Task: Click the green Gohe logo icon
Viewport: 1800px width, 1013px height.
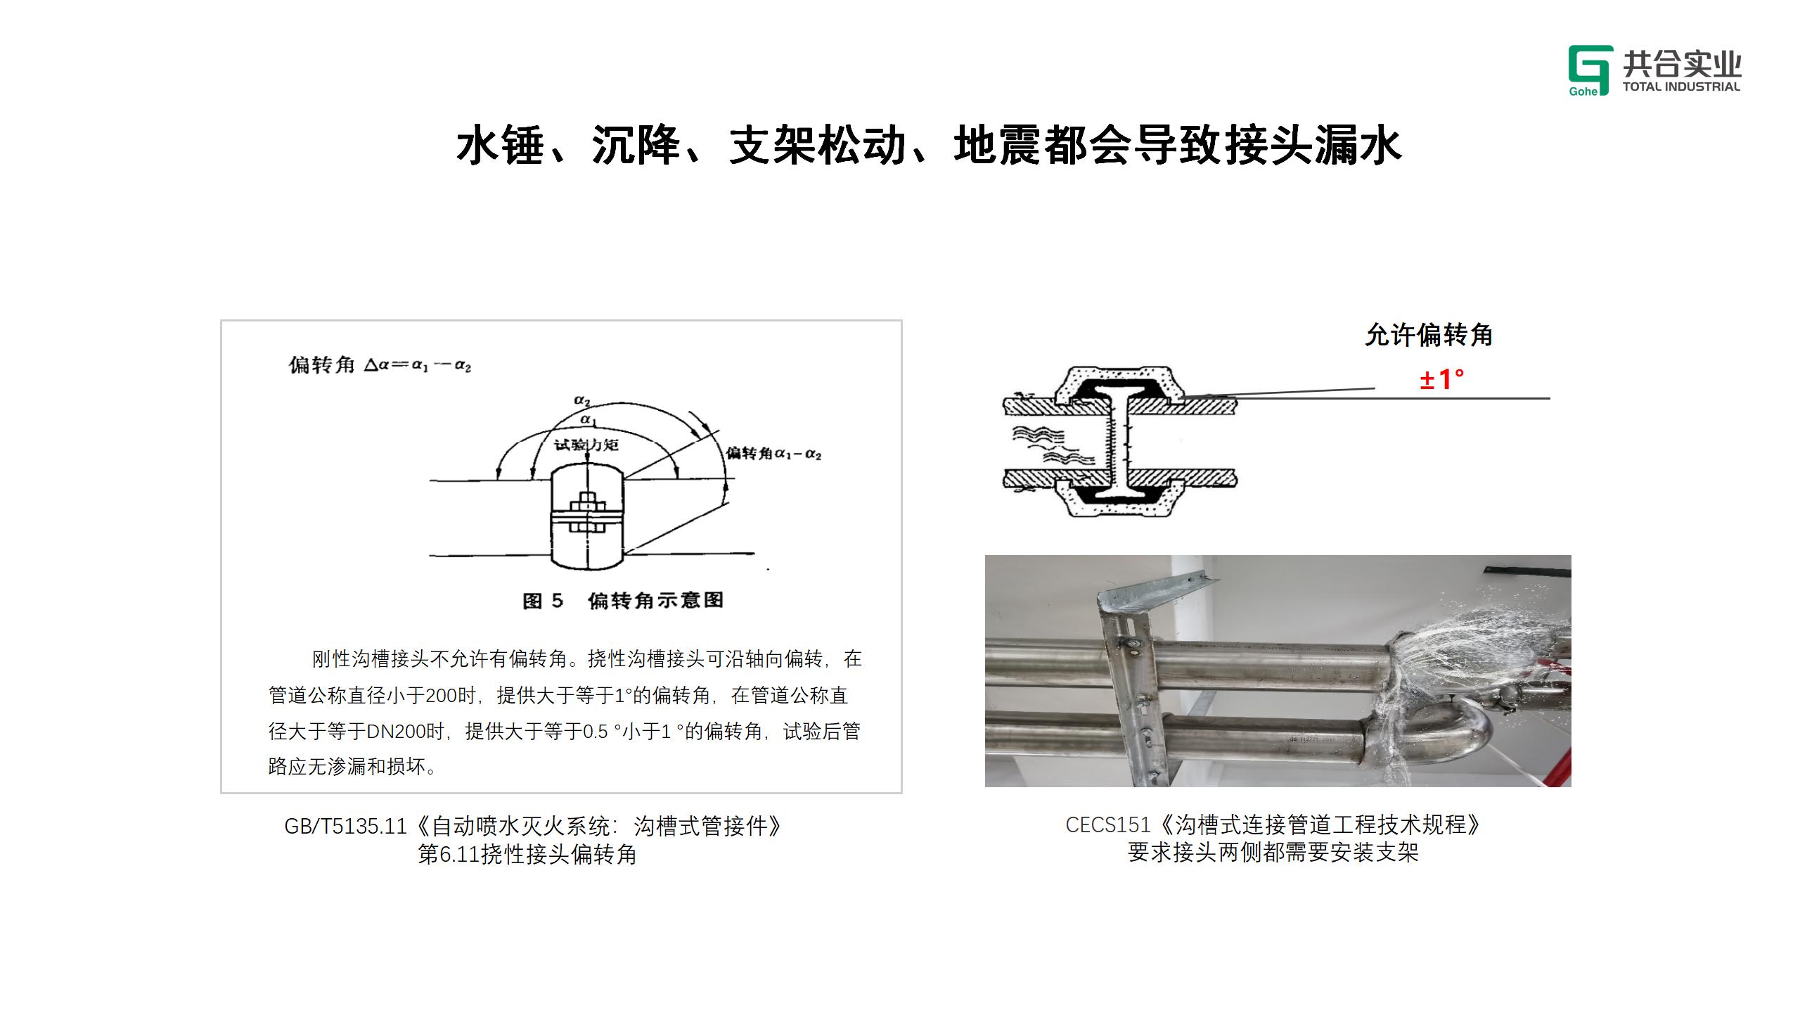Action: click(x=1590, y=70)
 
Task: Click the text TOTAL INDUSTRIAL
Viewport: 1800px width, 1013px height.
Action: click(x=1681, y=87)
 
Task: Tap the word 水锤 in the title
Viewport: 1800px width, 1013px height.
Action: click(x=501, y=146)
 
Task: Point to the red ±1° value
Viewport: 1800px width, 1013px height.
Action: click(x=1441, y=380)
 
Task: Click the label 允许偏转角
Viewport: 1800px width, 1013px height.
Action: click(x=1429, y=335)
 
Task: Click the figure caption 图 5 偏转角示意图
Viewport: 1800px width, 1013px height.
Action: click(x=623, y=601)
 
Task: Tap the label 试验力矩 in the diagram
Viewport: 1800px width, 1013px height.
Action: click(x=586, y=445)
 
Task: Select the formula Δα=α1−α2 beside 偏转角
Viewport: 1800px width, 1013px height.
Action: click(x=418, y=366)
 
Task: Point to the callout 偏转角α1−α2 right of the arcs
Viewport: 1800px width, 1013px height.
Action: click(x=773, y=453)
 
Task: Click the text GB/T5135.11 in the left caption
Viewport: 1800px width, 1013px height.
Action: click(x=345, y=826)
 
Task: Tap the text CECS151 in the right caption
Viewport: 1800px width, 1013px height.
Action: click(x=1108, y=824)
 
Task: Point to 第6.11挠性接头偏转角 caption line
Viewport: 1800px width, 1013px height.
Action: click(x=527, y=855)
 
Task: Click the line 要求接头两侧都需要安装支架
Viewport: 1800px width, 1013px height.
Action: click(x=1273, y=853)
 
